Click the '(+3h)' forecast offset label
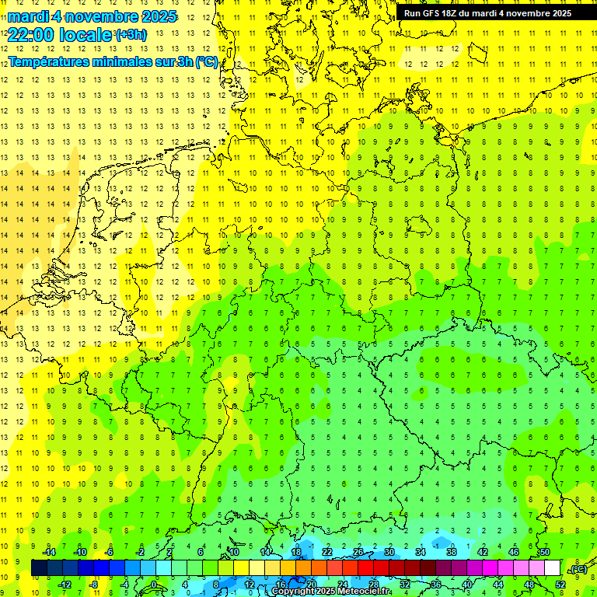[129, 34]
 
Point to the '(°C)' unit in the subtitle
[206, 61]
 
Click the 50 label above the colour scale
[545, 552]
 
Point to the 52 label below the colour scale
[560, 585]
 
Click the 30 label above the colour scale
[389, 552]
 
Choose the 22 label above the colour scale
[327, 552]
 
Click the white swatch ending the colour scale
[553, 568]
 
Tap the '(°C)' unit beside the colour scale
[578, 569]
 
